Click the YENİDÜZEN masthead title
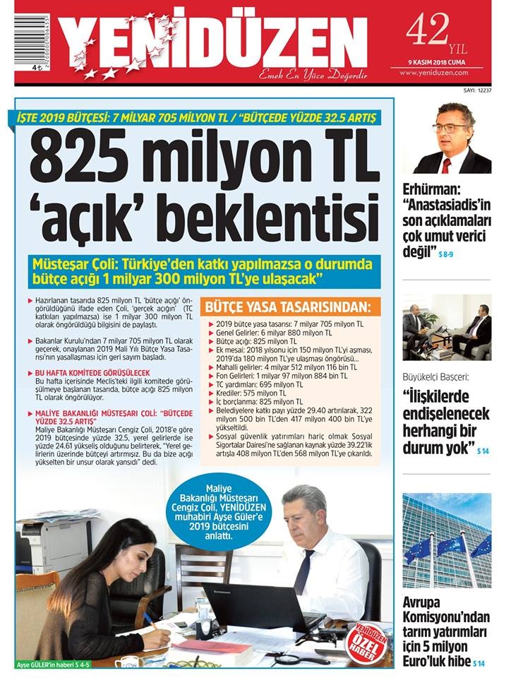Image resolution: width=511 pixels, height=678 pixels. pos(212,41)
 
